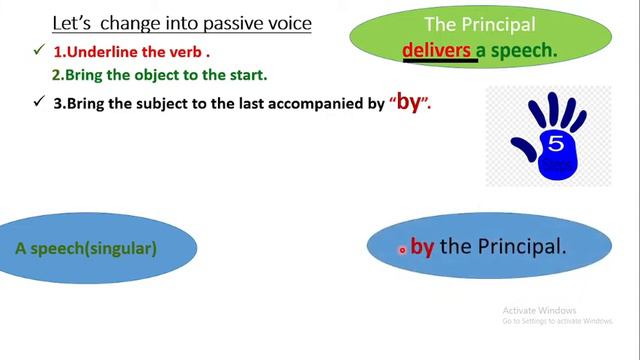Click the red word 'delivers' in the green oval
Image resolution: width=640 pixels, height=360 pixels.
coord(436,49)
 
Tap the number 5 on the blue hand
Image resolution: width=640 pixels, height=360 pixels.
coord(556,143)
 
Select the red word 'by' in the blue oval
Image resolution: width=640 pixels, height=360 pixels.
coord(422,246)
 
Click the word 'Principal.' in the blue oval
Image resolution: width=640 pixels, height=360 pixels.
coord(522,246)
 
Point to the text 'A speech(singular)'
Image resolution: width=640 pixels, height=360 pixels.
coord(86,248)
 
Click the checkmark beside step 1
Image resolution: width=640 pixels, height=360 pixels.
coord(38,50)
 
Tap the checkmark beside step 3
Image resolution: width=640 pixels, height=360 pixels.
coord(38,101)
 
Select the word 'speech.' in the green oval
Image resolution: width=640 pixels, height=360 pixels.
coord(525,49)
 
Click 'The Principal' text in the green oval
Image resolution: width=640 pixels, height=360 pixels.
coord(480,25)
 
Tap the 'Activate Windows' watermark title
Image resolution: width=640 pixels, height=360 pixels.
coord(539,310)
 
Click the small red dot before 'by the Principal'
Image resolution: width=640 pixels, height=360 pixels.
coord(402,249)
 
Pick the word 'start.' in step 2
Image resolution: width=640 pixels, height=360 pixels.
coord(246,75)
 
